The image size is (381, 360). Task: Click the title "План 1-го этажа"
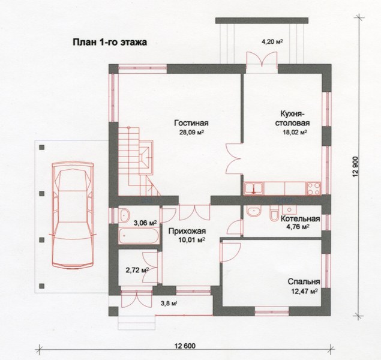point(110,42)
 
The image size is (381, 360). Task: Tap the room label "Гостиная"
point(191,123)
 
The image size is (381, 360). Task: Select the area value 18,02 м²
point(294,133)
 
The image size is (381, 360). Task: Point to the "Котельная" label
point(301,218)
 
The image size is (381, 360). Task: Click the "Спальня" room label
point(304,282)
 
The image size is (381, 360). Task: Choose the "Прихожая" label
point(187,231)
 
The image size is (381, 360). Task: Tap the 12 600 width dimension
point(185,346)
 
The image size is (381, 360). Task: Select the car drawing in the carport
point(73,215)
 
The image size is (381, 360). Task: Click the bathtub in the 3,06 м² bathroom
point(139,236)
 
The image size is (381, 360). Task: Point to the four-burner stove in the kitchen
point(314,188)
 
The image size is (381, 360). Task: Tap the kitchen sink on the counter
point(254,188)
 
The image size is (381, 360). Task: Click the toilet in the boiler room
point(274,214)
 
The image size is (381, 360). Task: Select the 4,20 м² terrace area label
point(272,42)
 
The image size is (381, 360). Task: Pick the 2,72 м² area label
point(137,269)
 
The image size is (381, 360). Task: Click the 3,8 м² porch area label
point(169,303)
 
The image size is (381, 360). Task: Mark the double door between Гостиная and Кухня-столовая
point(234,158)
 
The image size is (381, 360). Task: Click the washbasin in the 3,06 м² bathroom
point(125,215)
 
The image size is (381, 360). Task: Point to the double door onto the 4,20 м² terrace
point(262,59)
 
